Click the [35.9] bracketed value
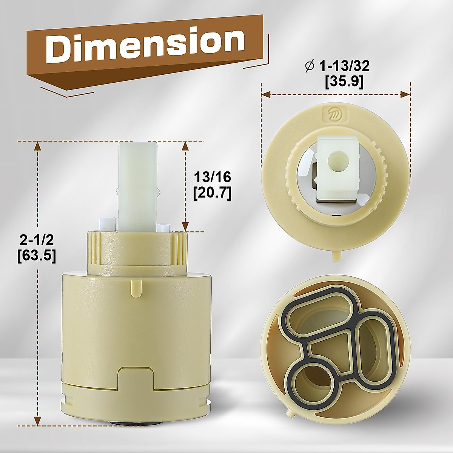(x=344, y=82)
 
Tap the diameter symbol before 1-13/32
(x=310, y=67)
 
